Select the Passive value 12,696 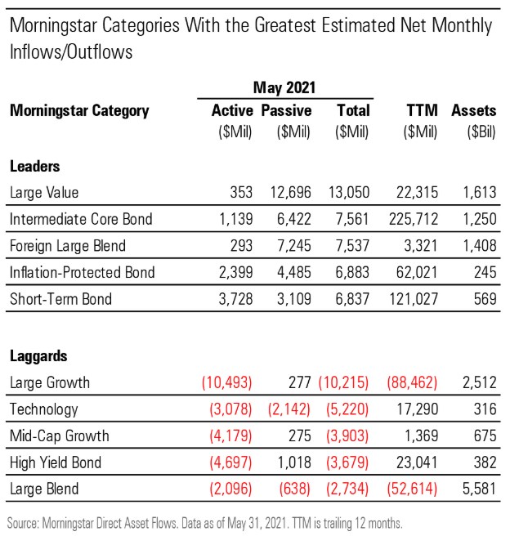(289, 193)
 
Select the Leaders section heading (34, 166)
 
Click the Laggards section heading (39, 356)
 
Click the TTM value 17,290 (417, 409)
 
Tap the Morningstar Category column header (79, 110)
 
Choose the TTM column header (422, 110)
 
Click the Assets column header (474, 110)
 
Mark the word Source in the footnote (24, 520)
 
